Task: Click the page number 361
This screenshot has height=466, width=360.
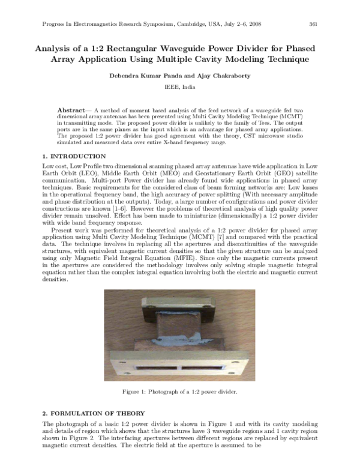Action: pos(313,24)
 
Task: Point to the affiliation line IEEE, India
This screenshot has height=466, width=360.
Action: pos(180,87)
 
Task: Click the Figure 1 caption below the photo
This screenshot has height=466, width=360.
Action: pos(180,392)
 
